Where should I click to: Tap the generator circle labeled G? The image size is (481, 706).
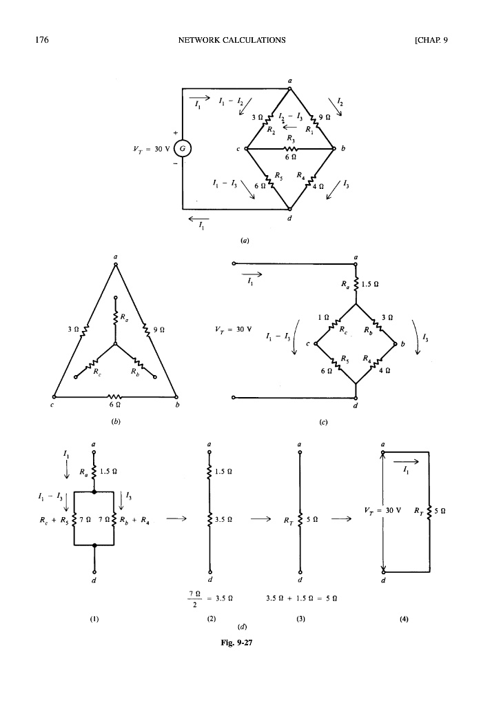pyautogui.click(x=183, y=148)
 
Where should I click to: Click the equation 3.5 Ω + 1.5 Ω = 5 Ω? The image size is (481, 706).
pyautogui.click(x=300, y=598)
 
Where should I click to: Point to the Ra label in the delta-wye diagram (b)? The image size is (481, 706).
pyautogui.click(x=125, y=318)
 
